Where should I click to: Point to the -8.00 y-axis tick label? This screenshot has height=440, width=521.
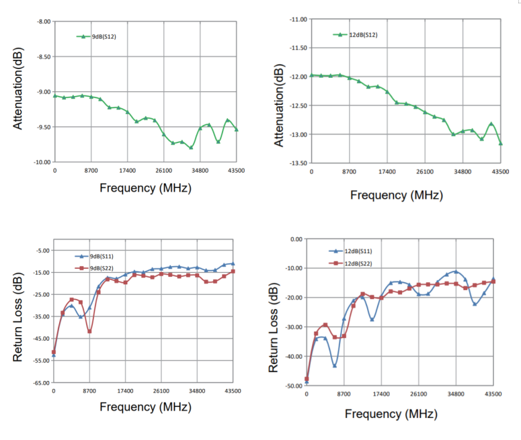click(x=42, y=22)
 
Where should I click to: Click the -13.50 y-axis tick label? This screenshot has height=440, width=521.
click(x=298, y=163)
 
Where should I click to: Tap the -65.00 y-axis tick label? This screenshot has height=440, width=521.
click(x=42, y=382)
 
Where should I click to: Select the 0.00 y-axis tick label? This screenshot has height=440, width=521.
click(x=296, y=239)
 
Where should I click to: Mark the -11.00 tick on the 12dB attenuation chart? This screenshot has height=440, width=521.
click(x=298, y=19)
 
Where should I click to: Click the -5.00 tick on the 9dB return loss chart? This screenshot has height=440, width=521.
click(x=43, y=251)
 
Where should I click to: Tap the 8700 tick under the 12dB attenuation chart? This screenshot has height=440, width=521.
click(x=350, y=173)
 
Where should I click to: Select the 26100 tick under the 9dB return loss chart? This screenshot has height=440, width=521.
click(x=161, y=391)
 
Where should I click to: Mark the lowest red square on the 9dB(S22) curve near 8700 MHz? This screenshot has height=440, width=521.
click(x=89, y=331)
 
